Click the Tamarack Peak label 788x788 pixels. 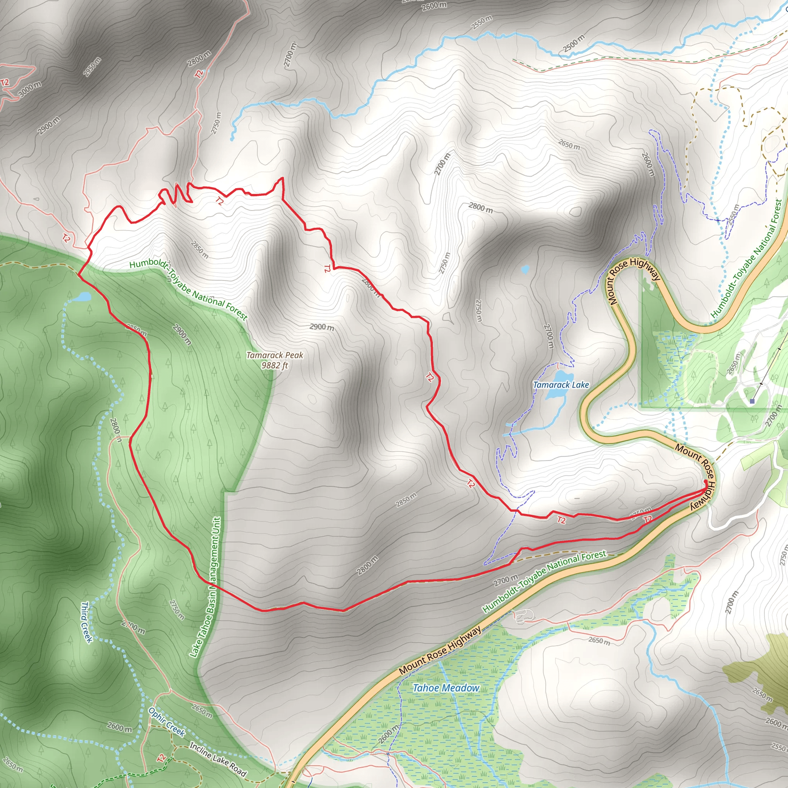(274, 355)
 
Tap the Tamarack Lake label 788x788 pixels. (561, 385)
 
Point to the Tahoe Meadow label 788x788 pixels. (446, 688)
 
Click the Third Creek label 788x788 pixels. (86, 622)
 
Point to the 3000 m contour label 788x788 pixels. (29, 89)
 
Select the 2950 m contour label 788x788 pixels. (92, 67)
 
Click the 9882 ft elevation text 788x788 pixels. (274, 366)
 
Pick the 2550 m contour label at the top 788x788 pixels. (482, 22)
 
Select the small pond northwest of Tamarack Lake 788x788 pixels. (525, 269)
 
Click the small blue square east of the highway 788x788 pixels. (752, 401)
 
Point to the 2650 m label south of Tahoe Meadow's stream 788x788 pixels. (599, 641)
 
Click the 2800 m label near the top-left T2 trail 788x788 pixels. (199, 58)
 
